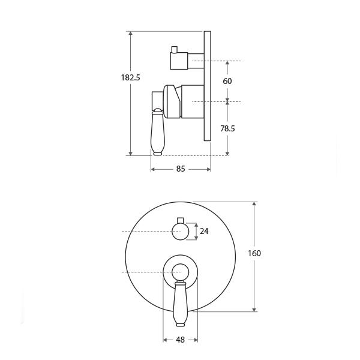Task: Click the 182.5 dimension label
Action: [x=130, y=77]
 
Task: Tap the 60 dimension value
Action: [x=227, y=81]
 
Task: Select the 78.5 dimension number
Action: [x=227, y=128]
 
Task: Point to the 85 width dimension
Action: [x=181, y=169]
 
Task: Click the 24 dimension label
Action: [x=204, y=231]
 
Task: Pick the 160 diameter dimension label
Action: [x=254, y=253]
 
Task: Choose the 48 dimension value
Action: [x=180, y=340]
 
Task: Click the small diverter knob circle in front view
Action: [x=180, y=232]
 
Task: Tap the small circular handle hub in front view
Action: [x=180, y=272]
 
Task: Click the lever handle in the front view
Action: [x=180, y=304]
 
